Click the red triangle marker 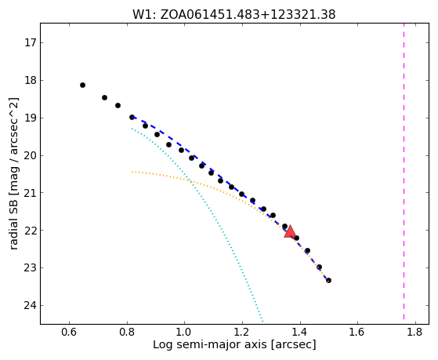click(290, 231)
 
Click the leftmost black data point click(82, 85)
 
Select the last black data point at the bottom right click(328, 280)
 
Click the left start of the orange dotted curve click(132, 172)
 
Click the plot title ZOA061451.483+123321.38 click(248, 15)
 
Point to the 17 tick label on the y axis click(31, 43)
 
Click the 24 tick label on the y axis click(31, 305)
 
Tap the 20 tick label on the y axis click(31, 155)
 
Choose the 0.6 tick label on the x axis click(69, 332)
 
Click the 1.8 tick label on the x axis click(415, 332)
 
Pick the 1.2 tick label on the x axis click(242, 332)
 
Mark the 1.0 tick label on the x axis click(184, 332)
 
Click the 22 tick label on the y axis click(31, 231)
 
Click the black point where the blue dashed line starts click(132, 117)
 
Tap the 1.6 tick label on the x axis click(357, 332)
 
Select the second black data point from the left click(104, 97)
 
